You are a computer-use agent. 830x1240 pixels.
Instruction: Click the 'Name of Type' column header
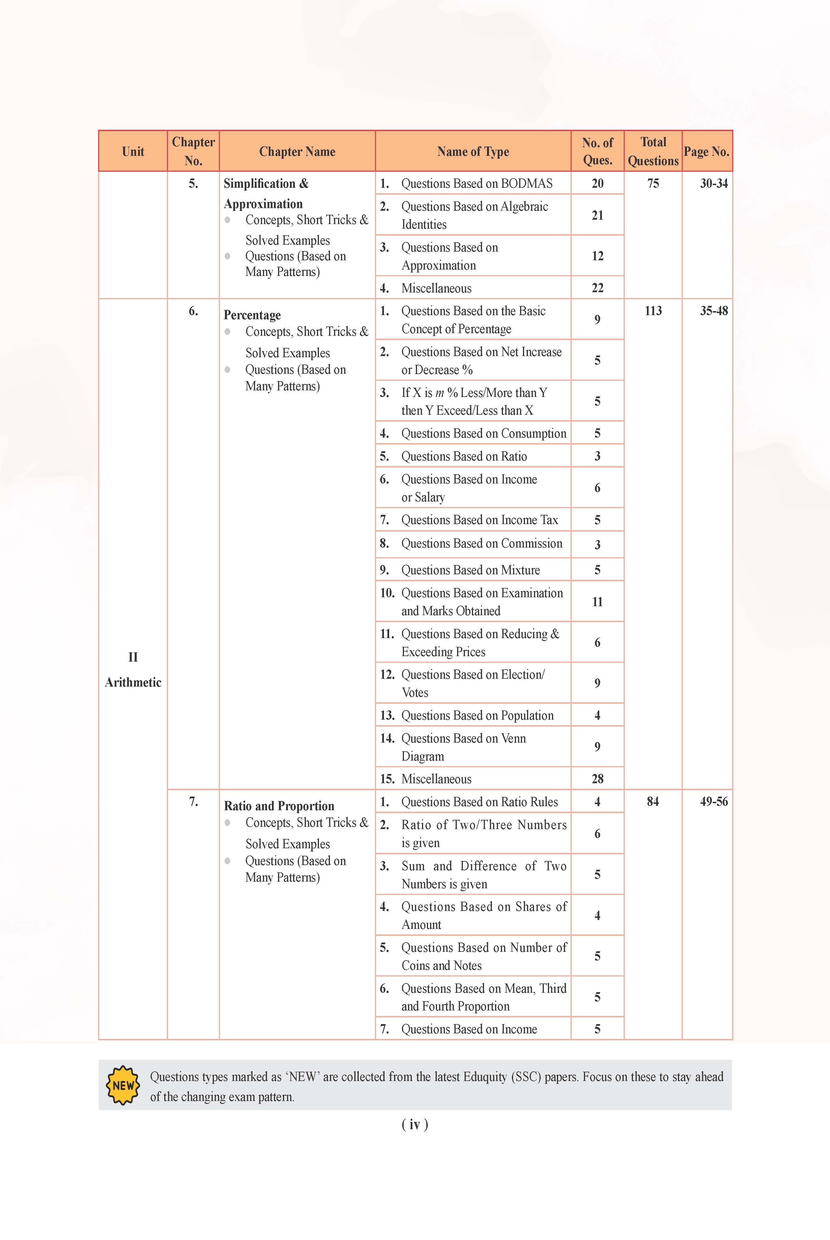pos(473,152)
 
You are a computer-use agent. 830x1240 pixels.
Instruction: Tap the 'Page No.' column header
pos(706,152)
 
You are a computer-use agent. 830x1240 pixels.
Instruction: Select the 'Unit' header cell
pos(133,152)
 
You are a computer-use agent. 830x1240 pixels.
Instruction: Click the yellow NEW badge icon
pos(123,1085)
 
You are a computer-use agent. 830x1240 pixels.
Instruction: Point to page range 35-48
pos(714,311)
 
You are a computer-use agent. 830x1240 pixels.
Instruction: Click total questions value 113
pos(653,311)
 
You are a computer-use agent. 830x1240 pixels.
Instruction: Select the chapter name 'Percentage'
pos(252,315)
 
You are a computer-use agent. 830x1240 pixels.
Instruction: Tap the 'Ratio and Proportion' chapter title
pos(279,806)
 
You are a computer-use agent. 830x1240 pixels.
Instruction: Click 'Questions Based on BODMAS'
pos(477,184)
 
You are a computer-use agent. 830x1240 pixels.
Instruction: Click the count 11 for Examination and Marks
pos(597,602)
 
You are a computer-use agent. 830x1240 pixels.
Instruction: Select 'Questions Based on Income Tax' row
pos(479,520)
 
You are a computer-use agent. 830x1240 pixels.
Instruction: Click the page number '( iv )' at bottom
pos(414,1125)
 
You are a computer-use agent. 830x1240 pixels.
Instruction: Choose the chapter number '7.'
pos(193,802)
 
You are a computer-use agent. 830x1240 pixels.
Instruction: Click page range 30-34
pos(714,184)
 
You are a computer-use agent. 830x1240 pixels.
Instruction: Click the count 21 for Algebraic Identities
pos(597,215)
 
